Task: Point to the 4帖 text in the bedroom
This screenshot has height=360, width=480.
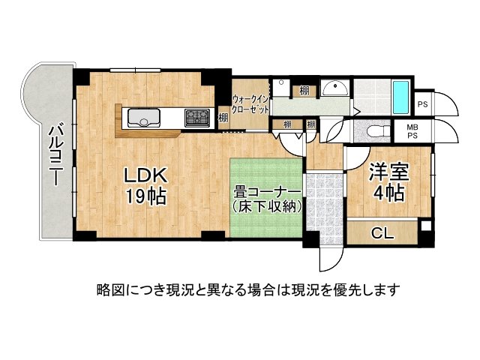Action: click(387, 193)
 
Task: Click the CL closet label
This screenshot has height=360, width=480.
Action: click(382, 233)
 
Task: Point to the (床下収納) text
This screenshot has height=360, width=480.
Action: click(267, 206)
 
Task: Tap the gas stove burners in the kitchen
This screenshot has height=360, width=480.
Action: click(198, 117)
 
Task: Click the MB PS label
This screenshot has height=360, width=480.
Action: click(412, 132)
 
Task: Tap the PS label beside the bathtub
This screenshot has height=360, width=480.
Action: click(422, 104)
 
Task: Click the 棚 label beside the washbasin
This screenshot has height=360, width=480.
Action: click(304, 91)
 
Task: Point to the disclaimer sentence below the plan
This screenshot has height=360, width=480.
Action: click(247, 289)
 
